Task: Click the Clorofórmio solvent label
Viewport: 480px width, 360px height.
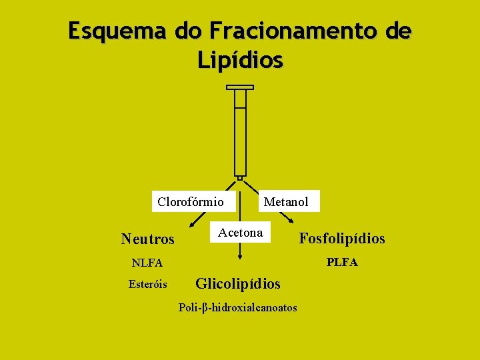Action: click(191, 201)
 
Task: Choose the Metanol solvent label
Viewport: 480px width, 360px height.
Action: click(286, 201)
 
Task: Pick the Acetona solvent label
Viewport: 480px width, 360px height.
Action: click(241, 233)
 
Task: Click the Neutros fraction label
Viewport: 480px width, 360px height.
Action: click(147, 239)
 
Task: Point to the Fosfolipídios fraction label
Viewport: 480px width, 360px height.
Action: click(342, 238)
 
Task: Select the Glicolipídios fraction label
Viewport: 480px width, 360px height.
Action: click(238, 284)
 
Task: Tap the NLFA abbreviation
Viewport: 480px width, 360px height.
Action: click(147, 263)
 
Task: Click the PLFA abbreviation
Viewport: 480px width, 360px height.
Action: click(342, 263)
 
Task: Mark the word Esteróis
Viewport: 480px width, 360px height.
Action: click(148, 284)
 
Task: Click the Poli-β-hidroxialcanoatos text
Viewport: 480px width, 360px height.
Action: click(238, 307)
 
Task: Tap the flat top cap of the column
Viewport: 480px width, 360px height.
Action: click(240, 87)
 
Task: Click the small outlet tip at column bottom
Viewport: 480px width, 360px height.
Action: click(240, 178)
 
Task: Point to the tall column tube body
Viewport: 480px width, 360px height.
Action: click(240, 133)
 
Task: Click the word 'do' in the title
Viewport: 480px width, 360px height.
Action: click(189, 31)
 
